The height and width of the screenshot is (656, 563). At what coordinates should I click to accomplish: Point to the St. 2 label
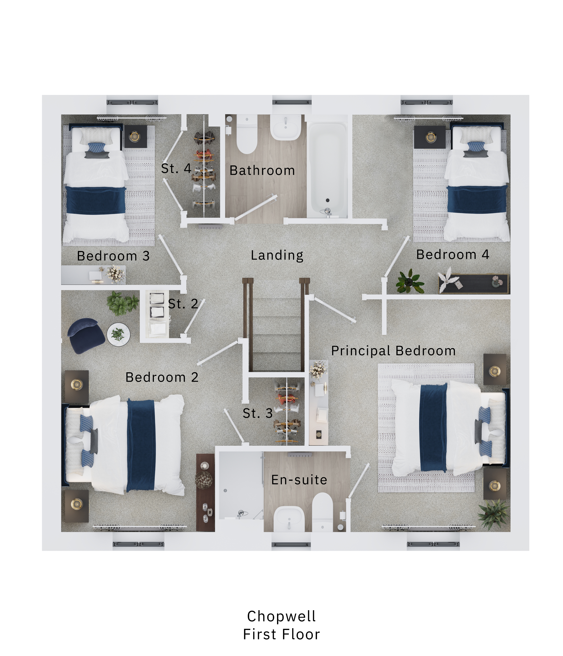tap(183, 304)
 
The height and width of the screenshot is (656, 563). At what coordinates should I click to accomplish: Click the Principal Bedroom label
tap(393, 351)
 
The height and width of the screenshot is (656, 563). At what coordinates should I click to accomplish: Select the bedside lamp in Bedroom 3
tap(135, 137)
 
